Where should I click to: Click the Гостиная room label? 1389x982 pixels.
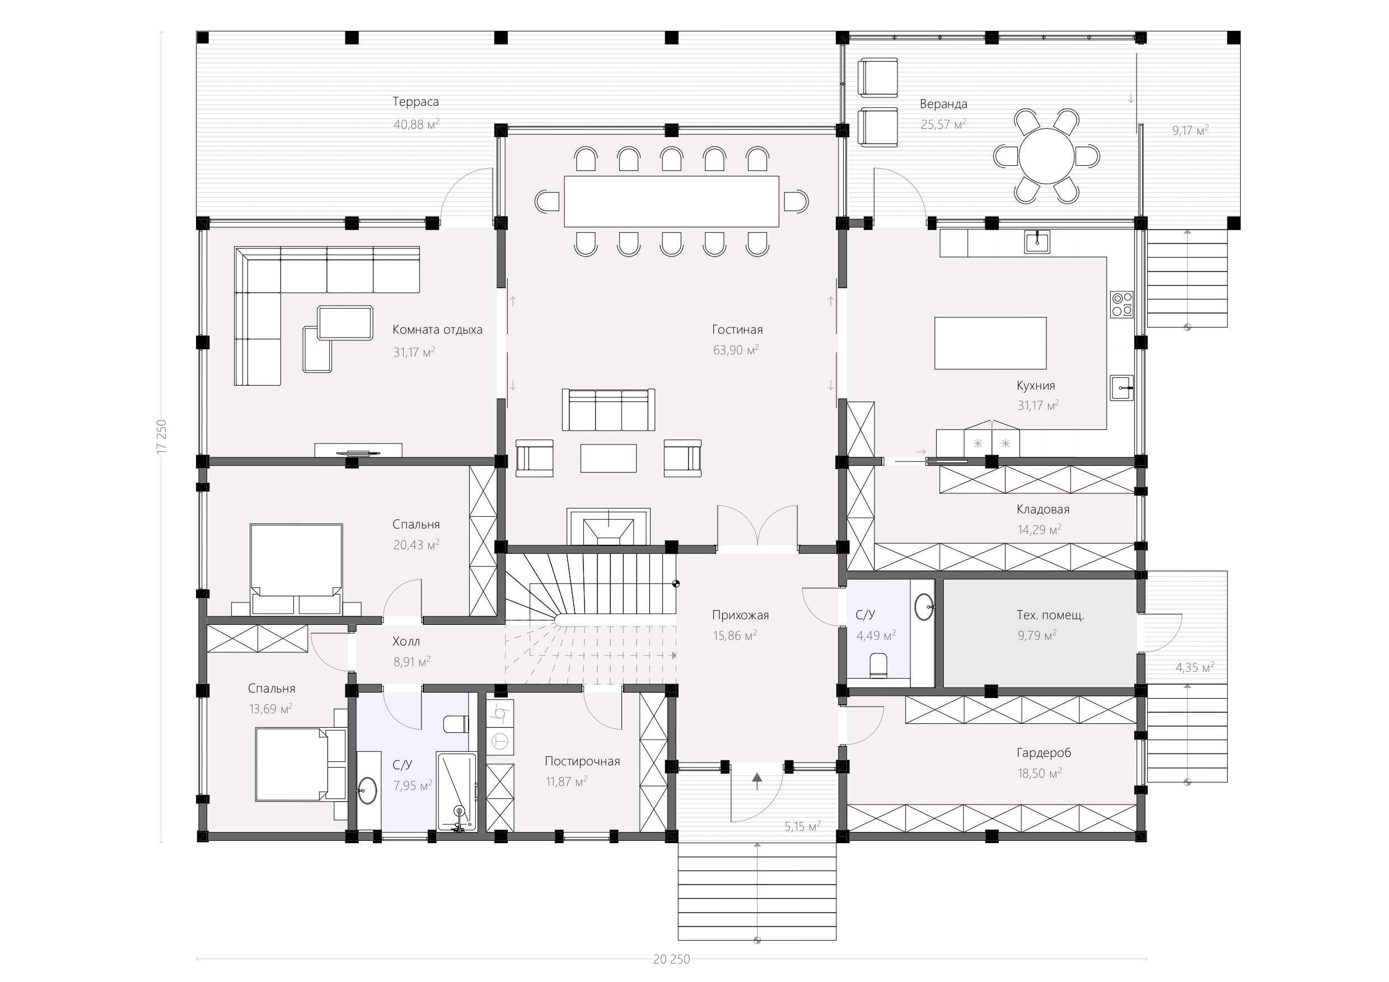coord(737,330)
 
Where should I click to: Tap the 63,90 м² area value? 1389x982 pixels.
coord(736,350)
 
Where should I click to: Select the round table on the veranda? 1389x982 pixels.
coord(1046,156)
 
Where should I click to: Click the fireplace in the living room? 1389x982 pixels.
coord(608,526)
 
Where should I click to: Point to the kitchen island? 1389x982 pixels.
coord(990,343)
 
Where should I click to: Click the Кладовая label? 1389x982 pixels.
coord(1043,509)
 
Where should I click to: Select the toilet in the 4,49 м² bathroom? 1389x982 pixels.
coord(878,666)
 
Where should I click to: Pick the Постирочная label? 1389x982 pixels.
coord(582,761)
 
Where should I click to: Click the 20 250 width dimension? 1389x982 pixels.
coord(671,960)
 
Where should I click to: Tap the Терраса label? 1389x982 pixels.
coord(415,102)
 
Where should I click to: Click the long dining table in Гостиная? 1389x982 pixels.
coord(671,202)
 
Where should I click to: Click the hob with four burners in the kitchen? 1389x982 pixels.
coord(1121,305)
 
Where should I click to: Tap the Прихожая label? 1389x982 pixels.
coord(741,615)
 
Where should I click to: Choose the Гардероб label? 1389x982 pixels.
coord(1044,753)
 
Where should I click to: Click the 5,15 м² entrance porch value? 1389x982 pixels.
coord(803,826)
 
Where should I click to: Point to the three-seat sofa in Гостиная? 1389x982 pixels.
coord(609,410)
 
